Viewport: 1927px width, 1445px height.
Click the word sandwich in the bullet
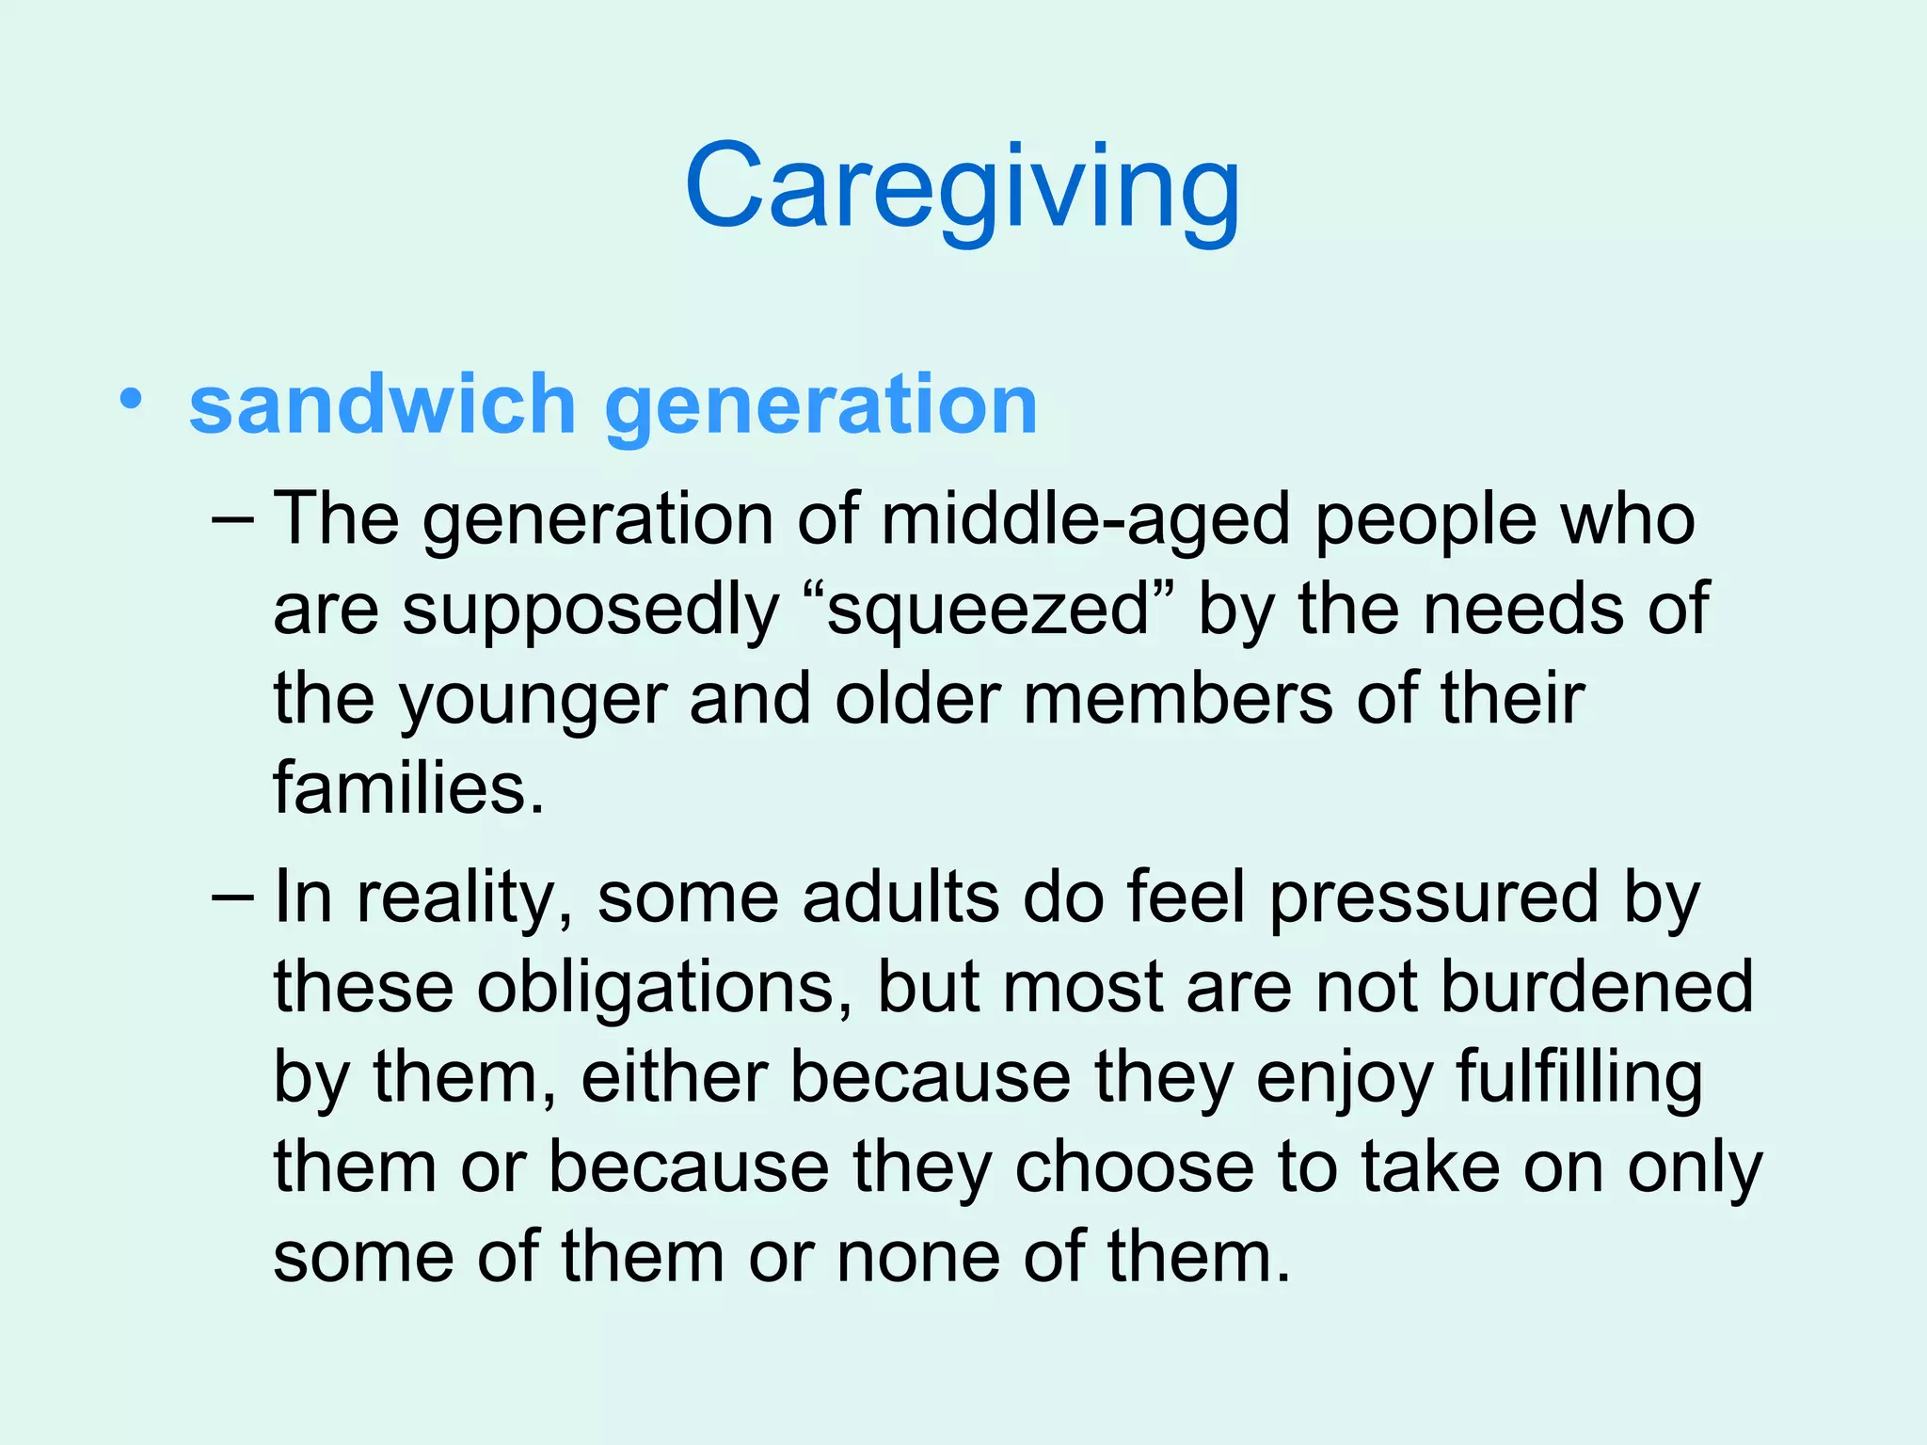382,405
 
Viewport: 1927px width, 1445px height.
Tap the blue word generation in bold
820,405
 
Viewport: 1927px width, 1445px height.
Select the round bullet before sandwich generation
132,399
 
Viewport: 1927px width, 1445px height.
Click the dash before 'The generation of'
233,519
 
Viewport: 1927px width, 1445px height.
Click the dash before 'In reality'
233,897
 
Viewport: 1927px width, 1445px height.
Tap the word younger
532,702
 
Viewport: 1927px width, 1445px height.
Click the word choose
1135,1167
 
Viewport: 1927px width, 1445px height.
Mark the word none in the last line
918,1257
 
